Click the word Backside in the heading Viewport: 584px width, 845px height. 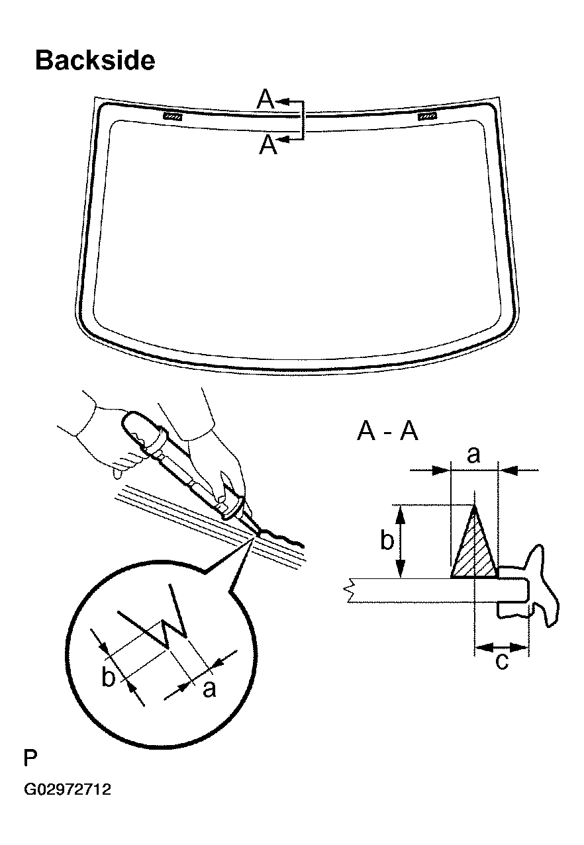tap(95, 60)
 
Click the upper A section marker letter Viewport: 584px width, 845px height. tap(265, 100)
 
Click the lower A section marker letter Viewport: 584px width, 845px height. tap(268, 144)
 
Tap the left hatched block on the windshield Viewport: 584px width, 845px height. tap(173, 116)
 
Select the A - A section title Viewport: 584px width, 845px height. tap(387, 432)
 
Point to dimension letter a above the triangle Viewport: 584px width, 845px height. tap(473, 455)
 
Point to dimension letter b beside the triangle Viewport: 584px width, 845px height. tap(387, 541)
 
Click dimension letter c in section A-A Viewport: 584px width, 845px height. tap(502, 661)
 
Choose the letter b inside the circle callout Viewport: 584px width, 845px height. tap(109, 678)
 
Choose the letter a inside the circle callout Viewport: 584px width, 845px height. tap(209, 689)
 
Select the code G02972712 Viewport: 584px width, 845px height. tap(68, 789)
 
